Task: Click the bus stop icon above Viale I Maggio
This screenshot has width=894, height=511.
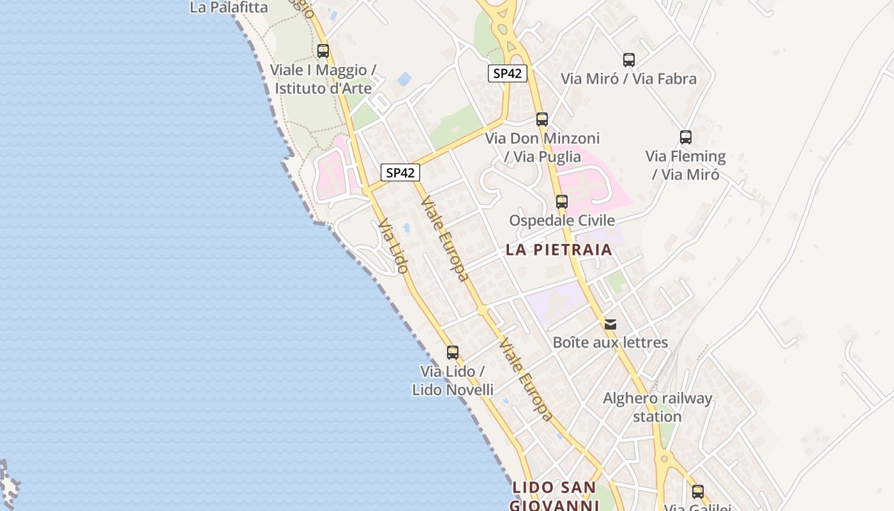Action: pyautogui.click(x=323, y=50)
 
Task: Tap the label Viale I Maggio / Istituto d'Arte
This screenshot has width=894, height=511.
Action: pyautogui.click(x=323, y=79)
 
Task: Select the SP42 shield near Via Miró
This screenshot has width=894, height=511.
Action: pyautogui.click(x=508, y=73)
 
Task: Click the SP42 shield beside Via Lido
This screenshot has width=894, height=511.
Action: pyautogui.click(x=400, y=172)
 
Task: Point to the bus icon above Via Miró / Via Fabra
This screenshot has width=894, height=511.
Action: pyautogui.click(x=629, y=60)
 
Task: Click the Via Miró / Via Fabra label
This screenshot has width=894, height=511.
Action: pyautogui.click(x=628, y=79)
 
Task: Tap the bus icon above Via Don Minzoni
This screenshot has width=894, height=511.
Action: pyautogui.click(x=542, y=119)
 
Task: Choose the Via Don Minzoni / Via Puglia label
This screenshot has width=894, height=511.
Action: pyautogui.click(x=542, y=147)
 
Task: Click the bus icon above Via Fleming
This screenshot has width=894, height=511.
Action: pyautogui.click(x=686, y=137)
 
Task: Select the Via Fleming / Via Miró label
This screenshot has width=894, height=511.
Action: pyautogui.click(x=686, y=165)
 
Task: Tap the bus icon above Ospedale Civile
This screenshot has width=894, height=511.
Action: pyautogui.click(x=562, y=201)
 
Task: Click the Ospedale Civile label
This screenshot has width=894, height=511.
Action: pyautogui.click(x=562, y=220)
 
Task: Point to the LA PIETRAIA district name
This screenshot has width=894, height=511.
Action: pyautogui.click(x=559, y=250)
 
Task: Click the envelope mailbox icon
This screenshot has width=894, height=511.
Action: pyautogui.click(x=610, y=324)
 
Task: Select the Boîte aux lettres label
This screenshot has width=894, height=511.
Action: pyautogui.click(x=610, y=342)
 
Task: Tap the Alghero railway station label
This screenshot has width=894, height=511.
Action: pyautogui.click(x=658, y=408)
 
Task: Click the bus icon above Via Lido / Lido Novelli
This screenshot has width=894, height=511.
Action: pyautogui.click(x=453, y=352)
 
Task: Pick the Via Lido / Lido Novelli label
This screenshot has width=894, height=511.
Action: pyautogui.click(x=453, y=380)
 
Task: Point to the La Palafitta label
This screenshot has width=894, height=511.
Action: pyautogui.click(x=229, y=8)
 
